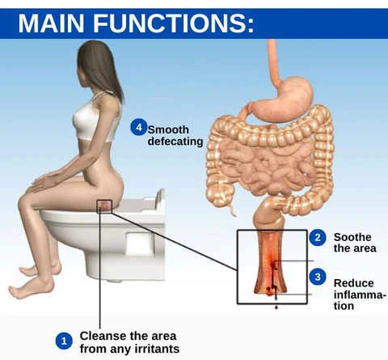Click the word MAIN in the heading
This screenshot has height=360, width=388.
click(51, 23)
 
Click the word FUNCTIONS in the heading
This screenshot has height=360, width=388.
click(173, 23)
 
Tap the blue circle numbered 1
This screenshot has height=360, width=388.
click(64, 341)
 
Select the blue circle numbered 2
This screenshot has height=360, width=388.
click(318, 237)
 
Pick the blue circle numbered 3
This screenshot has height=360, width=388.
click(318, 277)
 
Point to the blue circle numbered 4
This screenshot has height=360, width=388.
click(139, 127)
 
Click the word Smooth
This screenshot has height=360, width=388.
click(168, 129)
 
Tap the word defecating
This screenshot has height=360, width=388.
click(175, 142)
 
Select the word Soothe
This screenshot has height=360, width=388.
click(352, 237)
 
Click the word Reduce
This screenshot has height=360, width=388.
click(354, 283)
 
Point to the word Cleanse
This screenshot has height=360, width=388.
click(103, 336)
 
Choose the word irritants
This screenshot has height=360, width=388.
click(157, 349)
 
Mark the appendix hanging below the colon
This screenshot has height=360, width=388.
click(231, 208)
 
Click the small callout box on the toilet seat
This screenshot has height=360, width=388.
click(104, 206)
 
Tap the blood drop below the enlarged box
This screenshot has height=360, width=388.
click(276, 307)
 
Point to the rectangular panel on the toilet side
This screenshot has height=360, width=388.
click(140, 244)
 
